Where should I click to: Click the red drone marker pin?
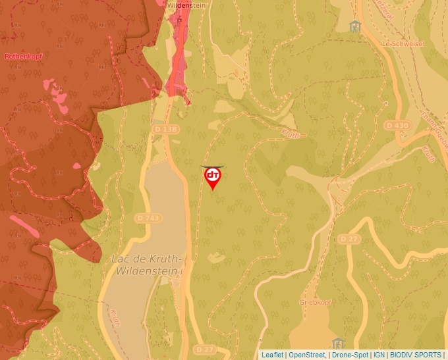(213, 177)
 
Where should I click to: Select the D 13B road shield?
(165, 130)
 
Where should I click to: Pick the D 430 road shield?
(397, 125)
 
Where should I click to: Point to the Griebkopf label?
(314, 302)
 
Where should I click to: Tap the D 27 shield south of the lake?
(205, 348)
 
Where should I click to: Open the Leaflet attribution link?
(272, 355)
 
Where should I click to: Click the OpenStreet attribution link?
(307, 355)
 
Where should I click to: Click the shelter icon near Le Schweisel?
(356, 26)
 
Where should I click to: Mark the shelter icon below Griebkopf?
(339, 344)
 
